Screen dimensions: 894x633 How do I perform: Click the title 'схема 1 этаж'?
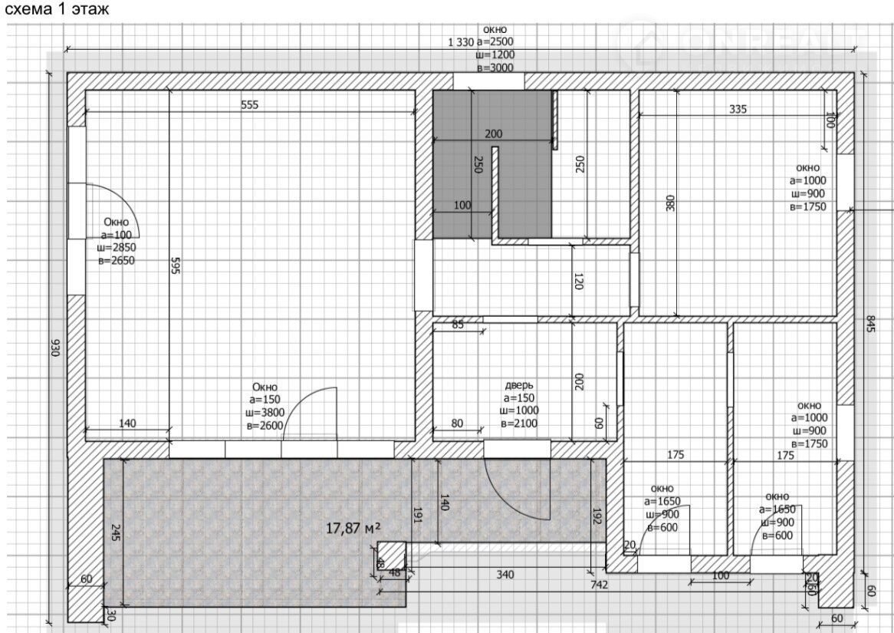57,10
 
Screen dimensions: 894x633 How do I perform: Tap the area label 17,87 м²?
353,529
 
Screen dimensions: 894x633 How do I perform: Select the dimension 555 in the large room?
250,105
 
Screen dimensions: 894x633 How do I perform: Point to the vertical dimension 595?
175,265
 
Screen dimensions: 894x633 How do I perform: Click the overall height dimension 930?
55,348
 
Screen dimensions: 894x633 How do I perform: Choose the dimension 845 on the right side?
870,325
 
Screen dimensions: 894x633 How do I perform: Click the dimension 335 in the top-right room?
738,109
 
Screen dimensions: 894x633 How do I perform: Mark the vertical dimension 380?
670,203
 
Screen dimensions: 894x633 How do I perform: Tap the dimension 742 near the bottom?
600,585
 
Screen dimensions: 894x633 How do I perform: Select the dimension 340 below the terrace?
505,574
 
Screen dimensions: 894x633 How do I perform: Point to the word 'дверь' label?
519,385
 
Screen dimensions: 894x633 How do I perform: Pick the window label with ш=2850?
117,242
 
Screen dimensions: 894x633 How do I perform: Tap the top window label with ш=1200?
495,48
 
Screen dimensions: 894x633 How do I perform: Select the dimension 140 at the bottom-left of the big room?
127,424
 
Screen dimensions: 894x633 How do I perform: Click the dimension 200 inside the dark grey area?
494,134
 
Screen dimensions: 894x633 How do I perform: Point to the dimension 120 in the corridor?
579,281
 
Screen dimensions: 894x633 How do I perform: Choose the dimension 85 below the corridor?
457,325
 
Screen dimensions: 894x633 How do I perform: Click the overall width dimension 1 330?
461,41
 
